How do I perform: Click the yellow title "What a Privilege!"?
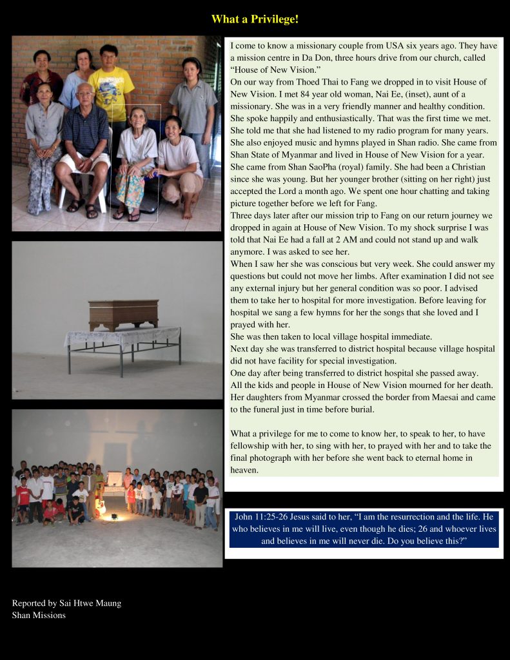pyautogui.click(x=255, y=19)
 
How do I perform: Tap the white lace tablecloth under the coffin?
pyautogui.click(x=123, y=337)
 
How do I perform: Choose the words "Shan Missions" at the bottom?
pyautogui.click(x=39, y=615)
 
